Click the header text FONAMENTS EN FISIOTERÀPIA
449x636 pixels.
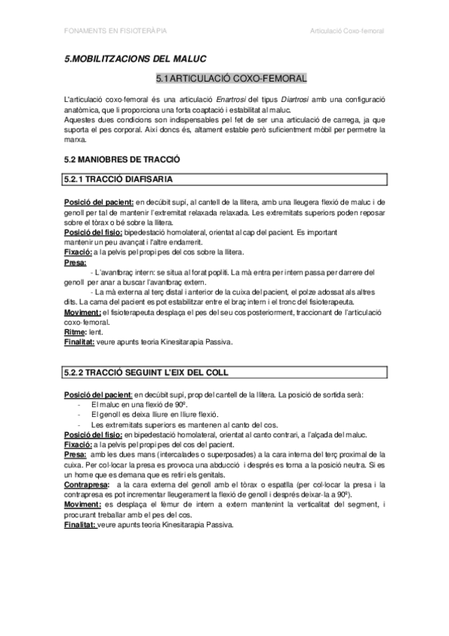tap(115, 31)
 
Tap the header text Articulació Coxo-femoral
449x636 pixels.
tap(347, 31)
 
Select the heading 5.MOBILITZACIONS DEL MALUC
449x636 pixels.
tap(135, 58)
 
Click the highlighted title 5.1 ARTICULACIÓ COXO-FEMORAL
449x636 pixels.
tap(231, 78)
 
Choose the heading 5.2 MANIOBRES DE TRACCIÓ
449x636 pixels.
tap(122, 160)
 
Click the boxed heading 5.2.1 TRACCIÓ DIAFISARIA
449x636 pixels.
tap(118, 180)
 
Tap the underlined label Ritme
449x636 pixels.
tap(76, 331)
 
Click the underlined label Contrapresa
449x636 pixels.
tap(86, 465)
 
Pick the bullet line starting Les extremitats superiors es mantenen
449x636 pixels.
tap(172, 424)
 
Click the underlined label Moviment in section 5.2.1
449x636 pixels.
tap(83, 311)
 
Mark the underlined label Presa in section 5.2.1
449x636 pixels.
tap(76, 262)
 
